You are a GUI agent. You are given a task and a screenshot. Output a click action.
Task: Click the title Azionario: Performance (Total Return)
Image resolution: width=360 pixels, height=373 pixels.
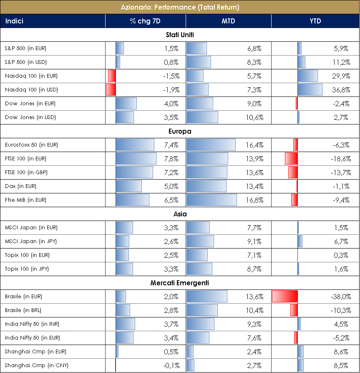180,7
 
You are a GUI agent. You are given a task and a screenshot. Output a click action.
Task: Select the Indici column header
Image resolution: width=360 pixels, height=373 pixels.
14,21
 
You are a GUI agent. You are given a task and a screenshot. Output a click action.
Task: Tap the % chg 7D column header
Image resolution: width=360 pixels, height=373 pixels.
145,21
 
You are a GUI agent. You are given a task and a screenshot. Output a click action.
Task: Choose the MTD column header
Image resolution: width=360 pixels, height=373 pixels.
228,21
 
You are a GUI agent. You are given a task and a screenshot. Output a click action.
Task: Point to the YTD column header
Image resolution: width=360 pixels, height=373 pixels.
315,21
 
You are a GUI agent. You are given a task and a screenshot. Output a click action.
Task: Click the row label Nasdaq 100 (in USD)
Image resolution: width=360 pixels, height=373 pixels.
31,90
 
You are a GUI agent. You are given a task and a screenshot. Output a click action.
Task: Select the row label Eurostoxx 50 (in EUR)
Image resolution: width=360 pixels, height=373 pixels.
31,145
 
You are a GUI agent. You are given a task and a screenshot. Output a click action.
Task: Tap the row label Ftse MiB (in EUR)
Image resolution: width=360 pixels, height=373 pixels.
25,200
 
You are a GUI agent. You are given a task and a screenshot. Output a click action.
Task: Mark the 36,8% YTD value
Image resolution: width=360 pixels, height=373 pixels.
340,90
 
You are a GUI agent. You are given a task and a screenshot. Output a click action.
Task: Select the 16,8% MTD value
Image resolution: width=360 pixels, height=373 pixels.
255,200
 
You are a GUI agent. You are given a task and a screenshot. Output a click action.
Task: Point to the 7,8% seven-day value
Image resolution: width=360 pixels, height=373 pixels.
171,159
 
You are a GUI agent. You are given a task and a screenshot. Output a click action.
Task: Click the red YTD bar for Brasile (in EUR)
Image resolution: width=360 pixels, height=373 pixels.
284,297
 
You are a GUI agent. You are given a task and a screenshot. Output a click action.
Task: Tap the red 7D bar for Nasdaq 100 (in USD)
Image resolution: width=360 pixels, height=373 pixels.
111,90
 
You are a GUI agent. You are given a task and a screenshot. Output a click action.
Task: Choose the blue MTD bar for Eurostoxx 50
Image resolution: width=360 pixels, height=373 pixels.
211,145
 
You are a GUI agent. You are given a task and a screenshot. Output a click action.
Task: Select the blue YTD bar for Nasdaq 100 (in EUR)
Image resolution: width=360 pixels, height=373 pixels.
307,76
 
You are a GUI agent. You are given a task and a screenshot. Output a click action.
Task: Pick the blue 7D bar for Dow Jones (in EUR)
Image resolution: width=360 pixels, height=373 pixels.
126,104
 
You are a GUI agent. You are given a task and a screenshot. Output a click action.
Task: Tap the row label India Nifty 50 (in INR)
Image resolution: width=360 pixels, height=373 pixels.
31,324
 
